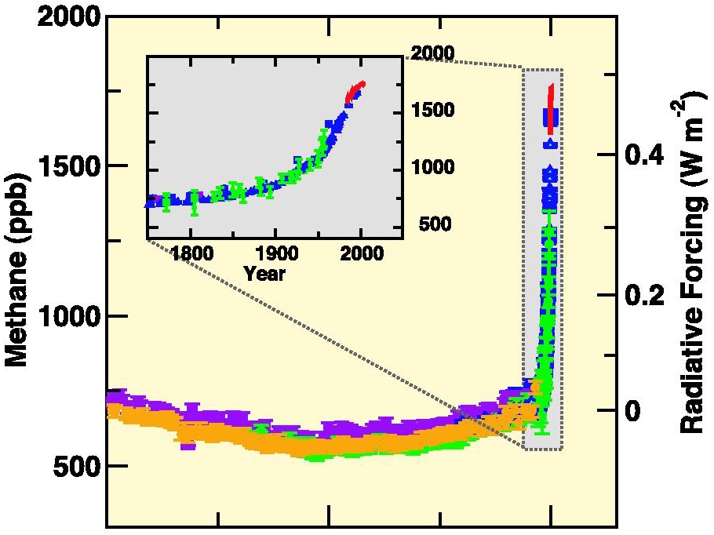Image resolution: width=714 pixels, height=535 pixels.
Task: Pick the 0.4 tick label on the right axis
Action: (x=644, y=155)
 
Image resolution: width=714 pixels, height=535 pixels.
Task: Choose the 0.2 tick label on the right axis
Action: (x=644, y=295)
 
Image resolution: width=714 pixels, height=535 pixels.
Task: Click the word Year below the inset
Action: (x=264, y=274)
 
